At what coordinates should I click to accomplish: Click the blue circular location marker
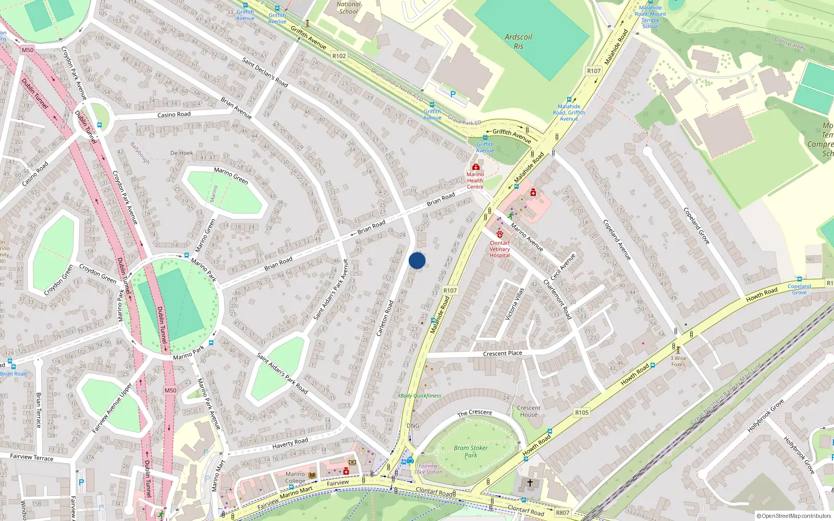pos(417,260)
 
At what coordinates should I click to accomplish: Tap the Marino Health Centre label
pos(475,180)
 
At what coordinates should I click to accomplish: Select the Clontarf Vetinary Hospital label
pos(499,249)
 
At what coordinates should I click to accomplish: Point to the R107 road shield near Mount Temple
pos(594,71)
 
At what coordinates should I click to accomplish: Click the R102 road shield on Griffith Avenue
pos(339,56)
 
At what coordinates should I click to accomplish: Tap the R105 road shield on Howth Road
pos(582,413)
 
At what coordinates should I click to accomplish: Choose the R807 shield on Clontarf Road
pos(562,513)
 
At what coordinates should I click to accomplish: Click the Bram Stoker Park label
pos(471,451)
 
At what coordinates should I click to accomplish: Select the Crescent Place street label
pos(502,353)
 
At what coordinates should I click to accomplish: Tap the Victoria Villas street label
pos(514,304)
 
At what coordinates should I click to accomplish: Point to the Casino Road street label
pos(35,174)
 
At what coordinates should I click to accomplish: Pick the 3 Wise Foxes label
pos(678,361)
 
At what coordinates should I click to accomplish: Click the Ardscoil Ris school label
pos(519,41)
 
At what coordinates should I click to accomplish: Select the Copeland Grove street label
pos(696,226)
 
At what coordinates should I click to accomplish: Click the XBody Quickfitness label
pos(419,395)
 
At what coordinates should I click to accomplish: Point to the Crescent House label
pos(529,412)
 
